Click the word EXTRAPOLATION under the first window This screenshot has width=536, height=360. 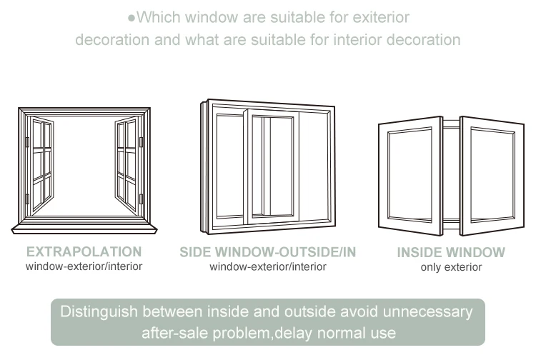point(84,251)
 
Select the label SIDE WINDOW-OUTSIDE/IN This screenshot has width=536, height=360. point(267,251)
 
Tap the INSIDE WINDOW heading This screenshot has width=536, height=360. point(451,251)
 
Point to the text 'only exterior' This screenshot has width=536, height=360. point(451,267)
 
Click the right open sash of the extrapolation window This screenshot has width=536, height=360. point(126,164)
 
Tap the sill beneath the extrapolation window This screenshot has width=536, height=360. point(85,227)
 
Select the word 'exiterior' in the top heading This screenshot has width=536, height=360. point(379,17)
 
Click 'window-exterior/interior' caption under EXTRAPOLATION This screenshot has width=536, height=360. point(84,266)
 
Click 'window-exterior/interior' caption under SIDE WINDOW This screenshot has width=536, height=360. point(267,266)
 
